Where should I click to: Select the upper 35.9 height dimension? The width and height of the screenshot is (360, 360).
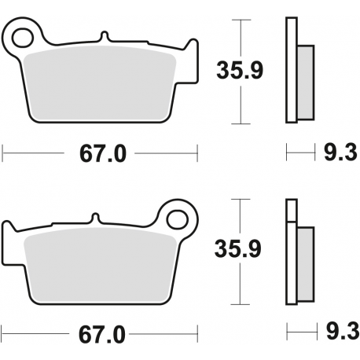tap(241, 72)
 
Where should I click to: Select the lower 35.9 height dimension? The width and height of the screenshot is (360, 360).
tap(241, 249)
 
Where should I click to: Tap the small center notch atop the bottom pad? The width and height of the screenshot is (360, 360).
tap(94, 218)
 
